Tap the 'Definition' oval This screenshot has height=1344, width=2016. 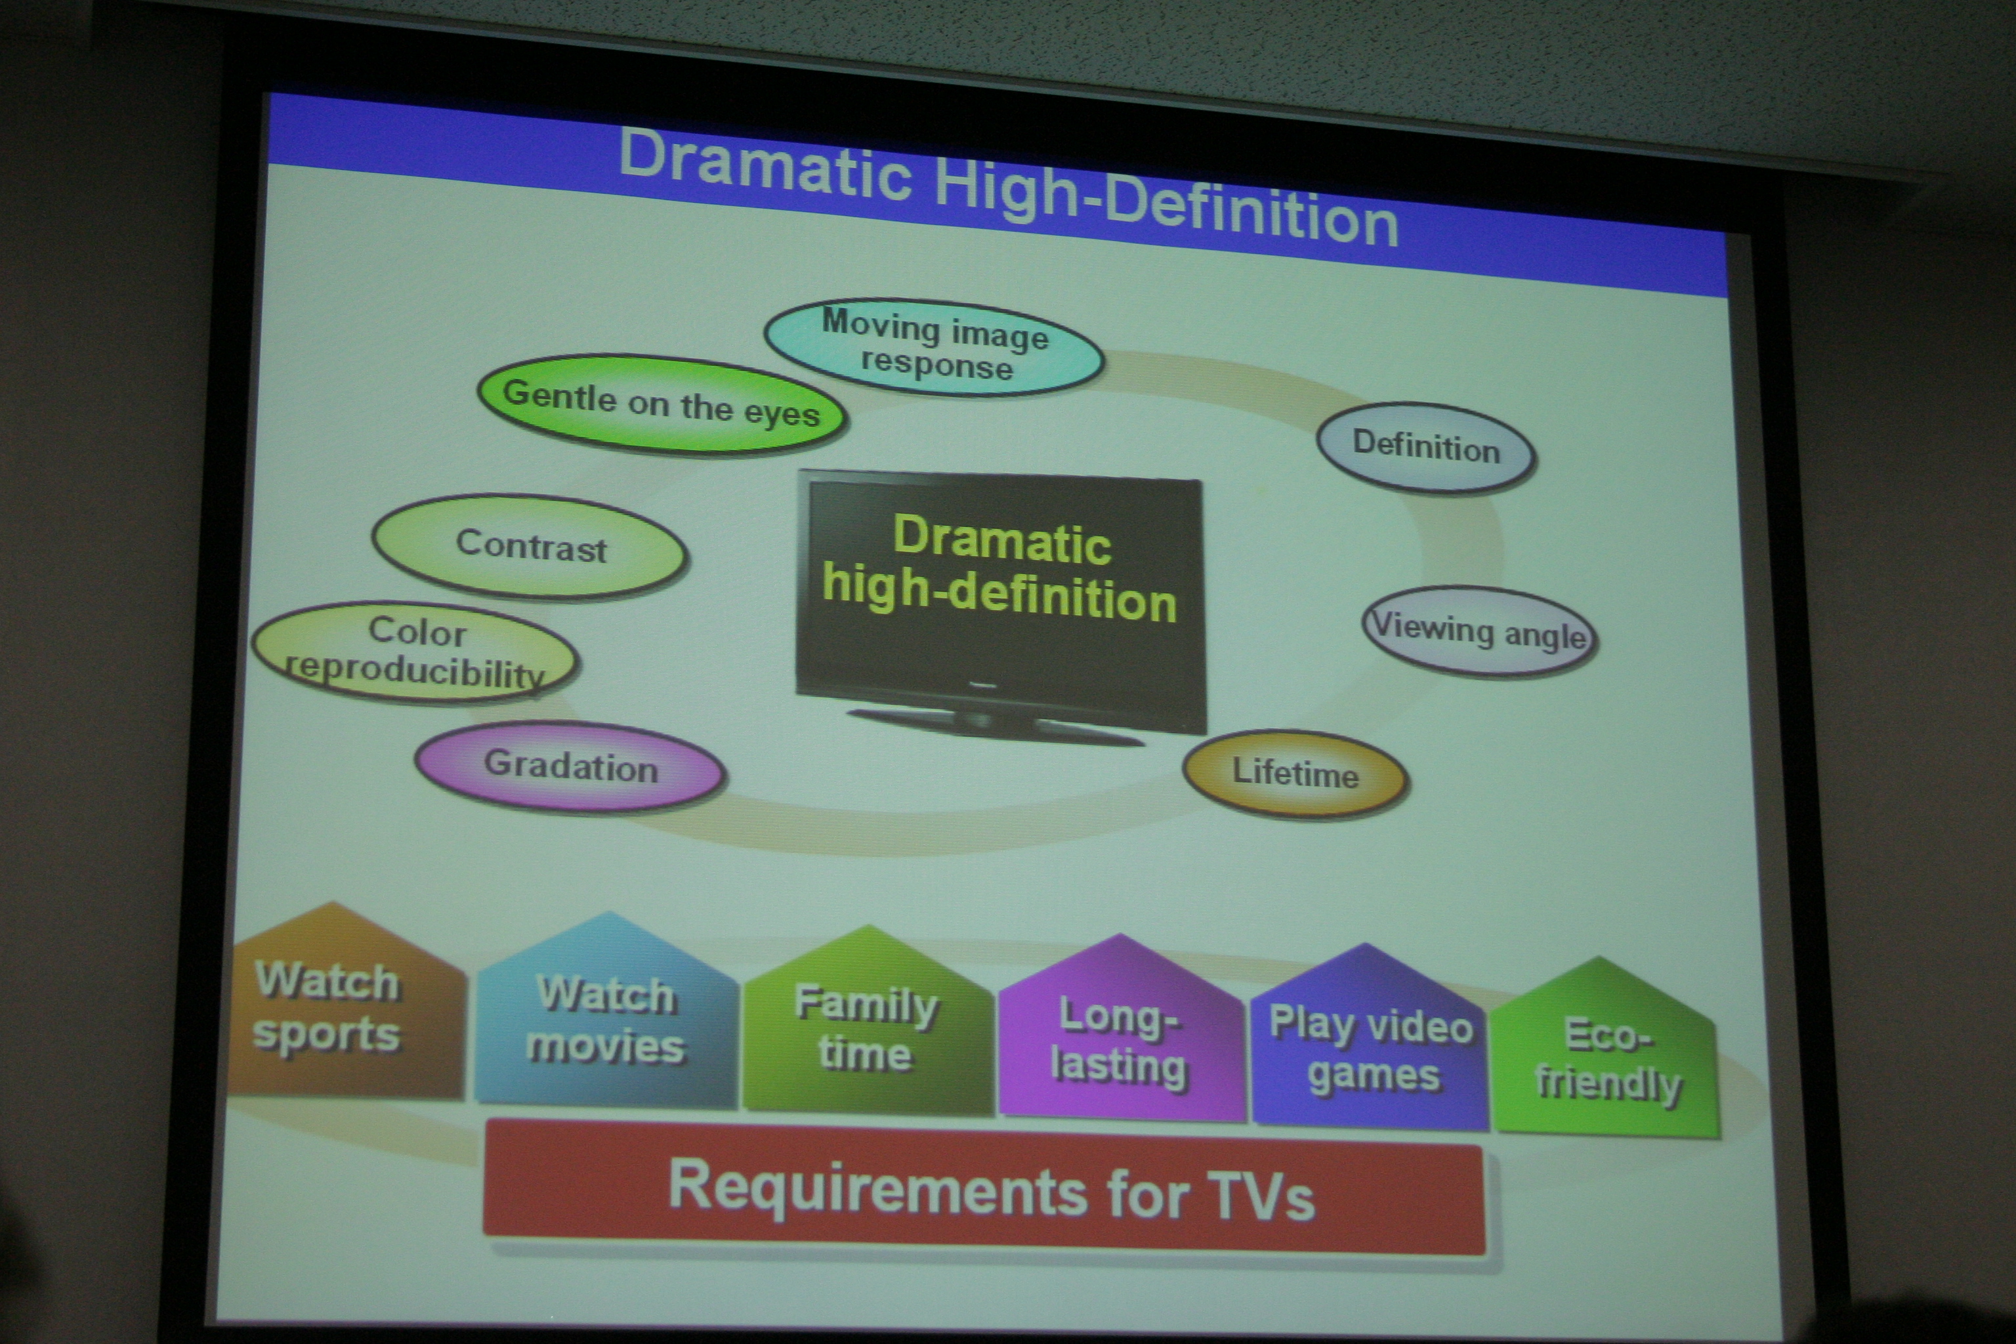(1426, 448)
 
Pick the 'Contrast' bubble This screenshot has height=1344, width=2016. (530, 546)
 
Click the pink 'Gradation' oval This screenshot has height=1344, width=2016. (571, 766)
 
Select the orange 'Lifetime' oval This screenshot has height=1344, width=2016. (1296, 774)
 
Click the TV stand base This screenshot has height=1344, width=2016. (994, 725)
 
